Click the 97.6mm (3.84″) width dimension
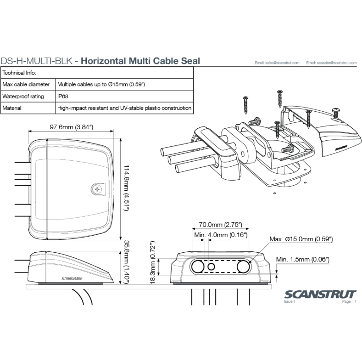pyautogui.click(x=71, y=127)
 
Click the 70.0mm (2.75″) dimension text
pyautogui.click(x=220, y=225)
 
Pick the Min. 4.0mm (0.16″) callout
pyautogui.click(x=221, y=235)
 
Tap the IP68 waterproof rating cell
pyautogui.click(x=63, y=96)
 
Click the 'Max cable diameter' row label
pyautogui.click(x=26, y=84)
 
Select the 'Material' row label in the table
pyautogui.click(x=12, y=108)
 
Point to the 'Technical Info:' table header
pyautogui.click(x=19, y=73)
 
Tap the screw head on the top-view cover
pyautogui.click(x=97, y=189)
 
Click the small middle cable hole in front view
pyautogui.click(x=211, y=267)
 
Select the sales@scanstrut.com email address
pyautogui.click(x=277, y=63)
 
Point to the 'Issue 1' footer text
pyautogui.click(x=290, y=302)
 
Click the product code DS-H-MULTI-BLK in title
pyautogui.click(x=37, y=61)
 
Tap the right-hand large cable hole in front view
pyautogui.click(x=243, y=267)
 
